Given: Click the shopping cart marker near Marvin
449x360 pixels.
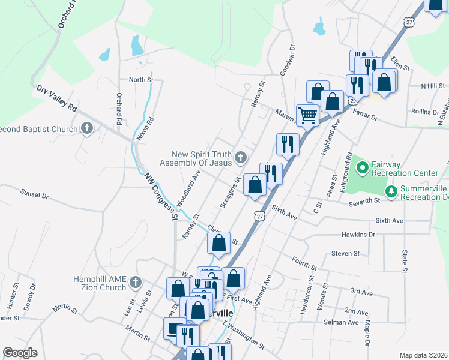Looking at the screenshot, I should pos(307,114).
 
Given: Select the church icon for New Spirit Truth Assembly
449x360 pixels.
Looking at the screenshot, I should pos(241,158).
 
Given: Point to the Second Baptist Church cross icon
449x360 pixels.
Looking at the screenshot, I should pos(88,128).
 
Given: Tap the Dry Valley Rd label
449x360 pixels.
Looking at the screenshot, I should pos(57,98).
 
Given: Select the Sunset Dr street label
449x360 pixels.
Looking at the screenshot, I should pos(34,194).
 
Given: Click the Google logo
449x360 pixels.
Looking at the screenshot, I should pos(20,353).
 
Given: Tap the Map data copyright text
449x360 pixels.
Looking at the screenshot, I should pos(424,355).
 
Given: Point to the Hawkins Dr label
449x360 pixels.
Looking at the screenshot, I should pos(358,235).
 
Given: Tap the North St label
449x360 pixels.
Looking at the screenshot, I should pos(142,79).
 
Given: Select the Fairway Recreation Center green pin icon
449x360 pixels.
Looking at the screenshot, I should pos(362,165).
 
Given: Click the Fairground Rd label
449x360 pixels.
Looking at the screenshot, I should pos(348,169).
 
